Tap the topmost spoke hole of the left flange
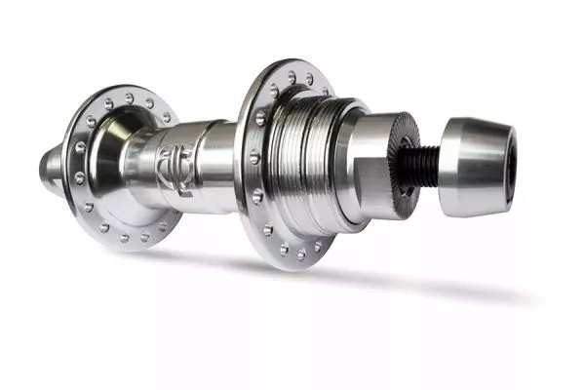point(130,97)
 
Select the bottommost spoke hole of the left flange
point(124,238)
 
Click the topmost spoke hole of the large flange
point(292,73)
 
